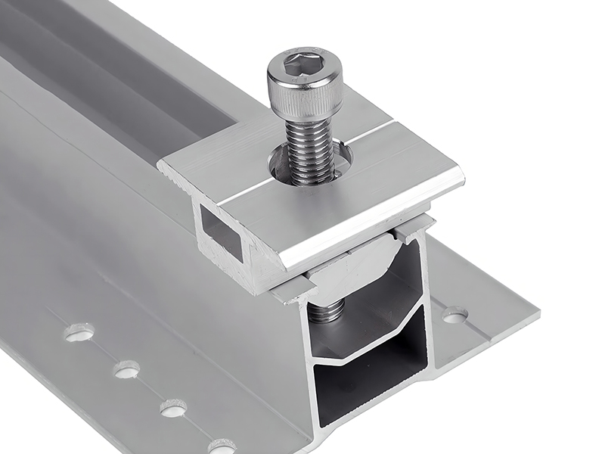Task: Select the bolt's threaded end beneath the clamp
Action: [327, 311]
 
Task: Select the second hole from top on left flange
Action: [126, 369]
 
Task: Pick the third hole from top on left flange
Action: [173, 409]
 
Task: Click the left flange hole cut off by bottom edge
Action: [221, 447]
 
